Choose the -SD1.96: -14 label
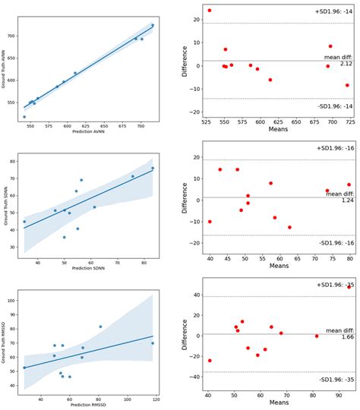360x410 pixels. tap(333, 105)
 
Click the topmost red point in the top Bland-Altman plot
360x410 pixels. tap(210, 11)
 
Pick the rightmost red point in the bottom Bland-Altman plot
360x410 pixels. tap(349, 287)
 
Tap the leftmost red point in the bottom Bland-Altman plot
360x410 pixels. tap(210, 361)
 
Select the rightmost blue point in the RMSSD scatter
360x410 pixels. tap(153, 343)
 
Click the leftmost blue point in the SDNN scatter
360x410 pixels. tap(24, 222)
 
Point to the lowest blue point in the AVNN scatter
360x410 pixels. tap(24, 117)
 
